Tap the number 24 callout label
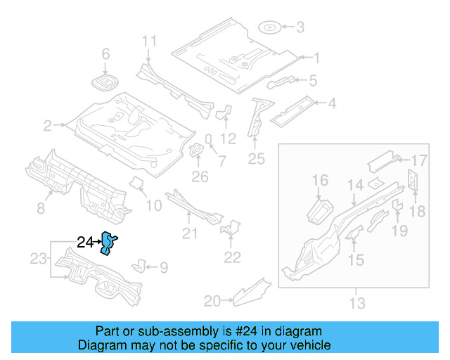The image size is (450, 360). (x=85, y=243)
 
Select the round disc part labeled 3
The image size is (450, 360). (x=270, y=28)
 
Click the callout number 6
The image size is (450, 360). (x=106, y=54)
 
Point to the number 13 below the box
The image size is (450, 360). (x=357, y=303)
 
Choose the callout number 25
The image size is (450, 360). (x=256, y=160)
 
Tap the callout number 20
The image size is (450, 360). (x=212, y=301)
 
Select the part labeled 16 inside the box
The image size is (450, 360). (x=321, y=210)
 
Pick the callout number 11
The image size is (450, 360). (x=149, y=41)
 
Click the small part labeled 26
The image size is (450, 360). (x=198, y=151)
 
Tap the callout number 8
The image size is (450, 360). (x=40, y=207)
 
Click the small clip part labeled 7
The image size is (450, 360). (x=209, y=138)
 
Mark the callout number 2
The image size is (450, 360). (x=48, y=126)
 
